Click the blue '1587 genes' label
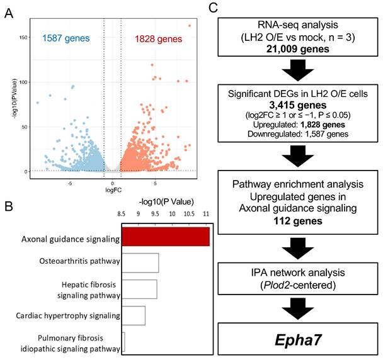[x=66, y=38]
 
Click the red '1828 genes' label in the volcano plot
[x=159, y=39]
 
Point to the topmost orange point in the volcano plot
[x=190, y=26]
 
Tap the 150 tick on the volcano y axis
[x=23, y=37]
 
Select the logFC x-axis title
[x=113, y=190]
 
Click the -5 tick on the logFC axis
[x=70, y=184]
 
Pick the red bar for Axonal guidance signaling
[x=166, y=237]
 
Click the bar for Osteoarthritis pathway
[x=140, y=263]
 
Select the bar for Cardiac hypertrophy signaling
[x=134, y=315]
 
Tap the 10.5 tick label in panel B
[x=189, y=214]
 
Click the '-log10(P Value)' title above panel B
[x=166, y=202]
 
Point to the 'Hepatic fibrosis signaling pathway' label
[x=89, y=290]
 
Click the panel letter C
[x=214, y=8]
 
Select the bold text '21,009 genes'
[x=298, y=49]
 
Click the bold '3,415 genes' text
[x=298, y=105]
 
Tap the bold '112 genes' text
[x=298, y=221]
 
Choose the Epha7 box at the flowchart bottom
[x=298, y=339]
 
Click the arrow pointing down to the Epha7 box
[x=298, y=309]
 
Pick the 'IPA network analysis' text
[x=298, y=273]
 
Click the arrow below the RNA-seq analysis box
[x=298, y=70]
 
